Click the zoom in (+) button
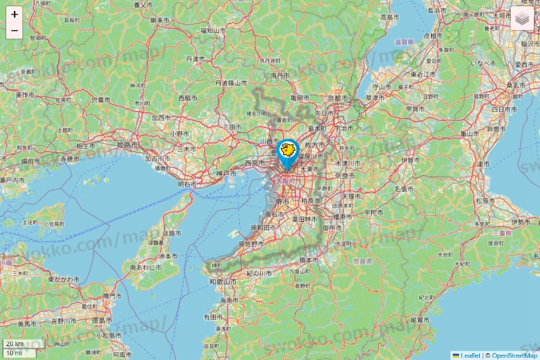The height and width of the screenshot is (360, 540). [15, 15]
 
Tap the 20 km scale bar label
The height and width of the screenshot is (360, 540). [15, 343]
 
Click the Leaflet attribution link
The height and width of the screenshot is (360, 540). [470, 355]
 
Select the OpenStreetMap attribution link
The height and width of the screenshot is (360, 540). [514, 355]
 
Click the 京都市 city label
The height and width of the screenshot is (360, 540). [339, 99]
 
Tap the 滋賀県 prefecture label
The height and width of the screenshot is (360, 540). [404, 42]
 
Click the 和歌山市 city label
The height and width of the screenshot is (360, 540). [224, 282]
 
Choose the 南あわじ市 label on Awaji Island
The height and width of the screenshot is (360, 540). [145, 267]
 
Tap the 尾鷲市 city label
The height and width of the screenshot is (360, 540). [420, 319]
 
